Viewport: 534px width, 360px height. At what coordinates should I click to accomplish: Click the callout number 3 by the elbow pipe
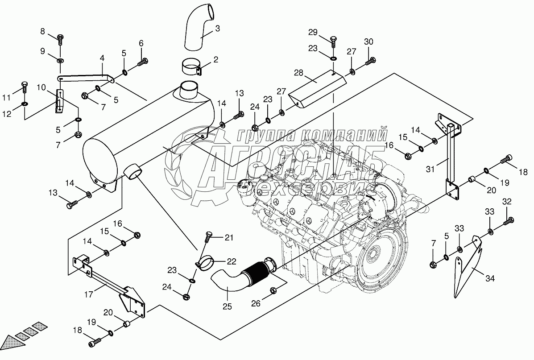[217, 29]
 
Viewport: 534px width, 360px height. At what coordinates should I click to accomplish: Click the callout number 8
[43, 31]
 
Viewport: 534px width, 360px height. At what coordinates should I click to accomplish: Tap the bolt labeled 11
[25, 86]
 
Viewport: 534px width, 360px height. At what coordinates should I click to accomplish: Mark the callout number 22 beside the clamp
[232, 261]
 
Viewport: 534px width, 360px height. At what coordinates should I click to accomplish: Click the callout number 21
[229, 238]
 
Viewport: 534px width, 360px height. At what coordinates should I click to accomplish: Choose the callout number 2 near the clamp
[215, 59]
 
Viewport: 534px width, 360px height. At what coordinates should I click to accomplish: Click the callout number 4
[102, 58]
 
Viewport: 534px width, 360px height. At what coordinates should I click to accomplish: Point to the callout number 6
[141, 43]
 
